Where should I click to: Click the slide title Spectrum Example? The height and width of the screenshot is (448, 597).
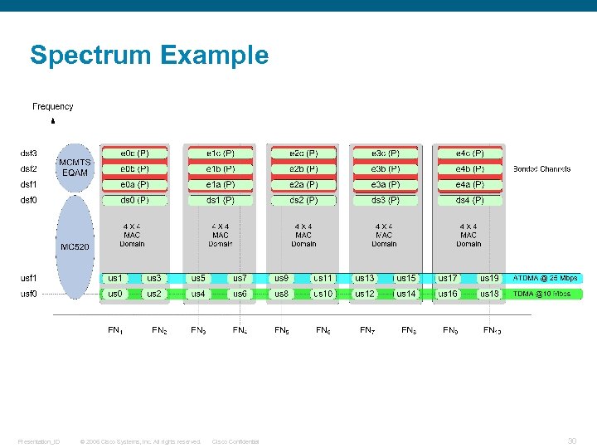[149, 56]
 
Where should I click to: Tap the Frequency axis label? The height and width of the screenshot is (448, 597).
[53, 106]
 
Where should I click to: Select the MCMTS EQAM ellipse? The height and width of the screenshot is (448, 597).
[75, 167]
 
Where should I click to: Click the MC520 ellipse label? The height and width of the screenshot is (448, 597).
[75, 246]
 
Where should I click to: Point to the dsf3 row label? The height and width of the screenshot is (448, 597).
[29, 153]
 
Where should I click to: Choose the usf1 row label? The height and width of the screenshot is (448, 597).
[29, 278]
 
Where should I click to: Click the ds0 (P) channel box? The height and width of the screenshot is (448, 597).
[134, 200]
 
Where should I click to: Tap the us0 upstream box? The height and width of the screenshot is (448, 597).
[115, 294]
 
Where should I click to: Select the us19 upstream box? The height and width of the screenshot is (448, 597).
[489, 278]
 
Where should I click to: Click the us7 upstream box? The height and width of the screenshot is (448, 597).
[239, 278]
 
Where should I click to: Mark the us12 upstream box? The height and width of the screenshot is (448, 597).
[365, 294]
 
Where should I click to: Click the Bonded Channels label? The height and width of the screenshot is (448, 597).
[541, 168]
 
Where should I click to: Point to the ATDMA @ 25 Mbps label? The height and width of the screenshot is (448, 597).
[545, 278]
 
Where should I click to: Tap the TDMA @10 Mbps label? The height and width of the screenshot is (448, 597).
[541, 294]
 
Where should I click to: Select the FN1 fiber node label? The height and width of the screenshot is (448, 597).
[116, 330]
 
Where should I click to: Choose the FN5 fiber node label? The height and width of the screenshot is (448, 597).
[282, 330]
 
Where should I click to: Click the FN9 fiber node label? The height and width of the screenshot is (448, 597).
[450, 330]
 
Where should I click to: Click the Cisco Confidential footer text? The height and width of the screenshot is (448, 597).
[235, 441]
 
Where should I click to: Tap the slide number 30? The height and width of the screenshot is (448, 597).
[571, 441]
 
